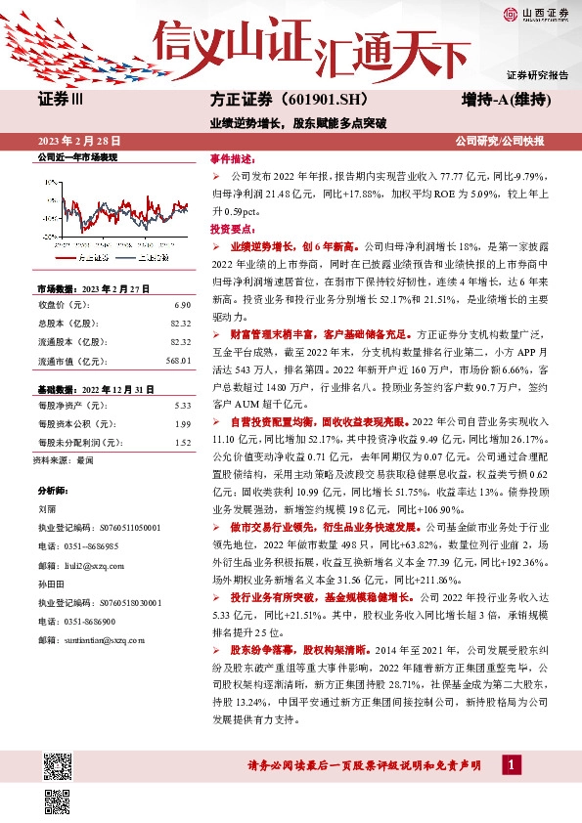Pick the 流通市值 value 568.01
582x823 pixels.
177,359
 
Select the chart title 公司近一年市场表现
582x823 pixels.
76,157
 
